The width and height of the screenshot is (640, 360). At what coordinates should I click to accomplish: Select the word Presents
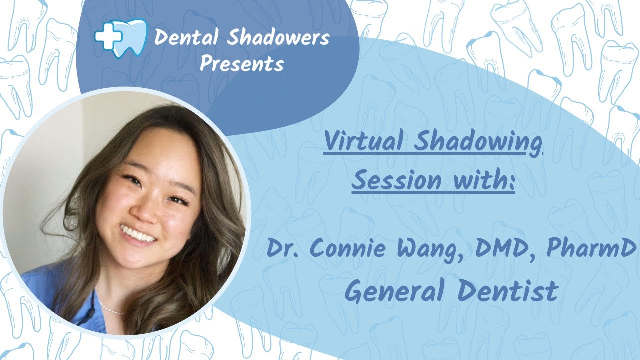pyautogui.click(x=242, y=64)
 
